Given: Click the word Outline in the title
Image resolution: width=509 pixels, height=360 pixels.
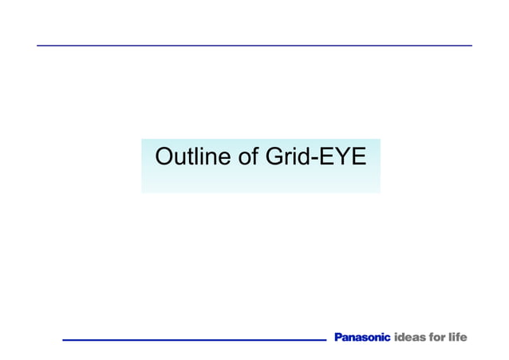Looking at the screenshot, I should point(193,156).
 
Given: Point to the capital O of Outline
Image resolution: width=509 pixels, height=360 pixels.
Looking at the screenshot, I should point(164,156).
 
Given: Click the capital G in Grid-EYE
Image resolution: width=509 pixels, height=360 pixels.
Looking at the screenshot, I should point(274,156).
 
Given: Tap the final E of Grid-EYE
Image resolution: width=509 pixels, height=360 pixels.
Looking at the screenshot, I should point(357,156).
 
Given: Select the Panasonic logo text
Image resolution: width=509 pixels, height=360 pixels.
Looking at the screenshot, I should point(362,338).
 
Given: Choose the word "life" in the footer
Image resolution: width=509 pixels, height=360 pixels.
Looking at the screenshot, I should point(458,338).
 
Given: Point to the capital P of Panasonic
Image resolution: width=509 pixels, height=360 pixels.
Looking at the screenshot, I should point(338,338).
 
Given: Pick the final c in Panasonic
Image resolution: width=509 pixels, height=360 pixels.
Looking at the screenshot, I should point(388,338).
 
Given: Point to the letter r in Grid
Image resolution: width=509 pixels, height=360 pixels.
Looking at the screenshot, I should point(286,158).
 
